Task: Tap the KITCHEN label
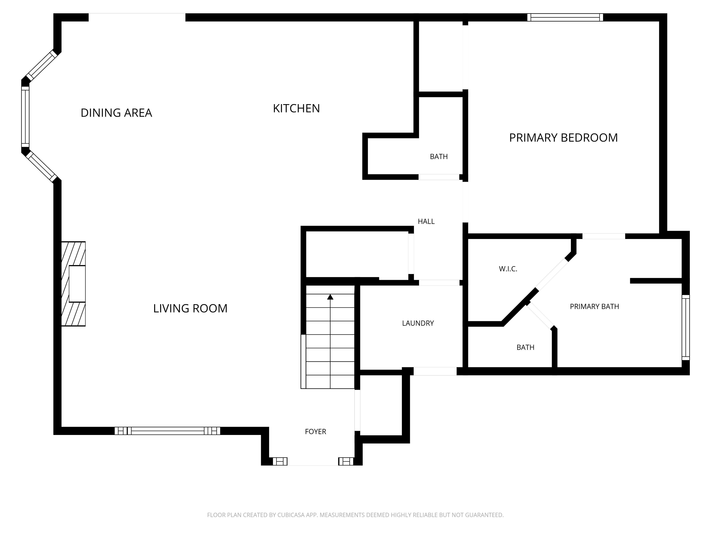[296, 108]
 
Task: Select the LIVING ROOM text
[190, 308]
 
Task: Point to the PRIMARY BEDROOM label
[564, 137]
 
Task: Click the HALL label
[426, 221]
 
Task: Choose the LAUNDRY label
[418, 323]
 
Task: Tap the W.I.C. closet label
[508, 269]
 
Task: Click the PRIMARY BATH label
[594, 307]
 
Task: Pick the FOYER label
[315, 431]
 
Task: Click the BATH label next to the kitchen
[439, 156]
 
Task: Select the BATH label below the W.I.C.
[525, 347]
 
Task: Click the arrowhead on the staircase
[330, 297]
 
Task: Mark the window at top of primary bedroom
[565, 17]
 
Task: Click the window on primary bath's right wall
[686, 327]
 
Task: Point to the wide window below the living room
[168, 431]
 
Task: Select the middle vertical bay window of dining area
[25, 117]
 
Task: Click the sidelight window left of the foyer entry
[280, 461]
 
